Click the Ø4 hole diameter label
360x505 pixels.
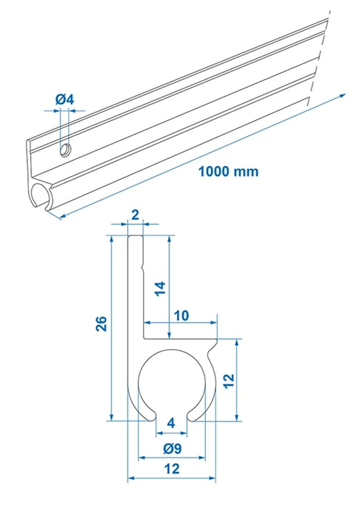(x=65, y=99)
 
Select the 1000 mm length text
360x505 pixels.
(x=228, y=171)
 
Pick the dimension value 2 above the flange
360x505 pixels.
(x=135, y=215)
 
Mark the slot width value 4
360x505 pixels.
(x=171, y=423)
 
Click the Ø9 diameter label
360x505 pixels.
(x=172, y=448)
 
